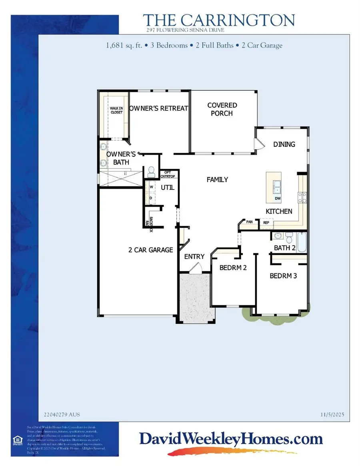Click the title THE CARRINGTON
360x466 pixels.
[x=219, y=20]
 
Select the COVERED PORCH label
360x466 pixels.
[x=222, y=109]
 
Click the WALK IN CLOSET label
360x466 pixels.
[x=117, y=110]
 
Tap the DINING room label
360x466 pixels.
[x=284, y=144]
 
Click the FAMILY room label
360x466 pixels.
[x=217, y=179]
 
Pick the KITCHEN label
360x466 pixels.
[x=279, y=211]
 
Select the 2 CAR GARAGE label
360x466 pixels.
[x=150, y=250]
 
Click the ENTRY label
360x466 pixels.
[x=194, y=257]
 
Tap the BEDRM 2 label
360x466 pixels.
[x=233, y=267]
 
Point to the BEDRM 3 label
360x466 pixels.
[x=283, y=276]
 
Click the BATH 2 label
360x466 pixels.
[x=285, y=248]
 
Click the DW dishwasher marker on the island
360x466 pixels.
[x=277, y=198]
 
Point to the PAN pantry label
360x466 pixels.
[x=249, y=221]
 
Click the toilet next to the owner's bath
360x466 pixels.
[x=151, y=172]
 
